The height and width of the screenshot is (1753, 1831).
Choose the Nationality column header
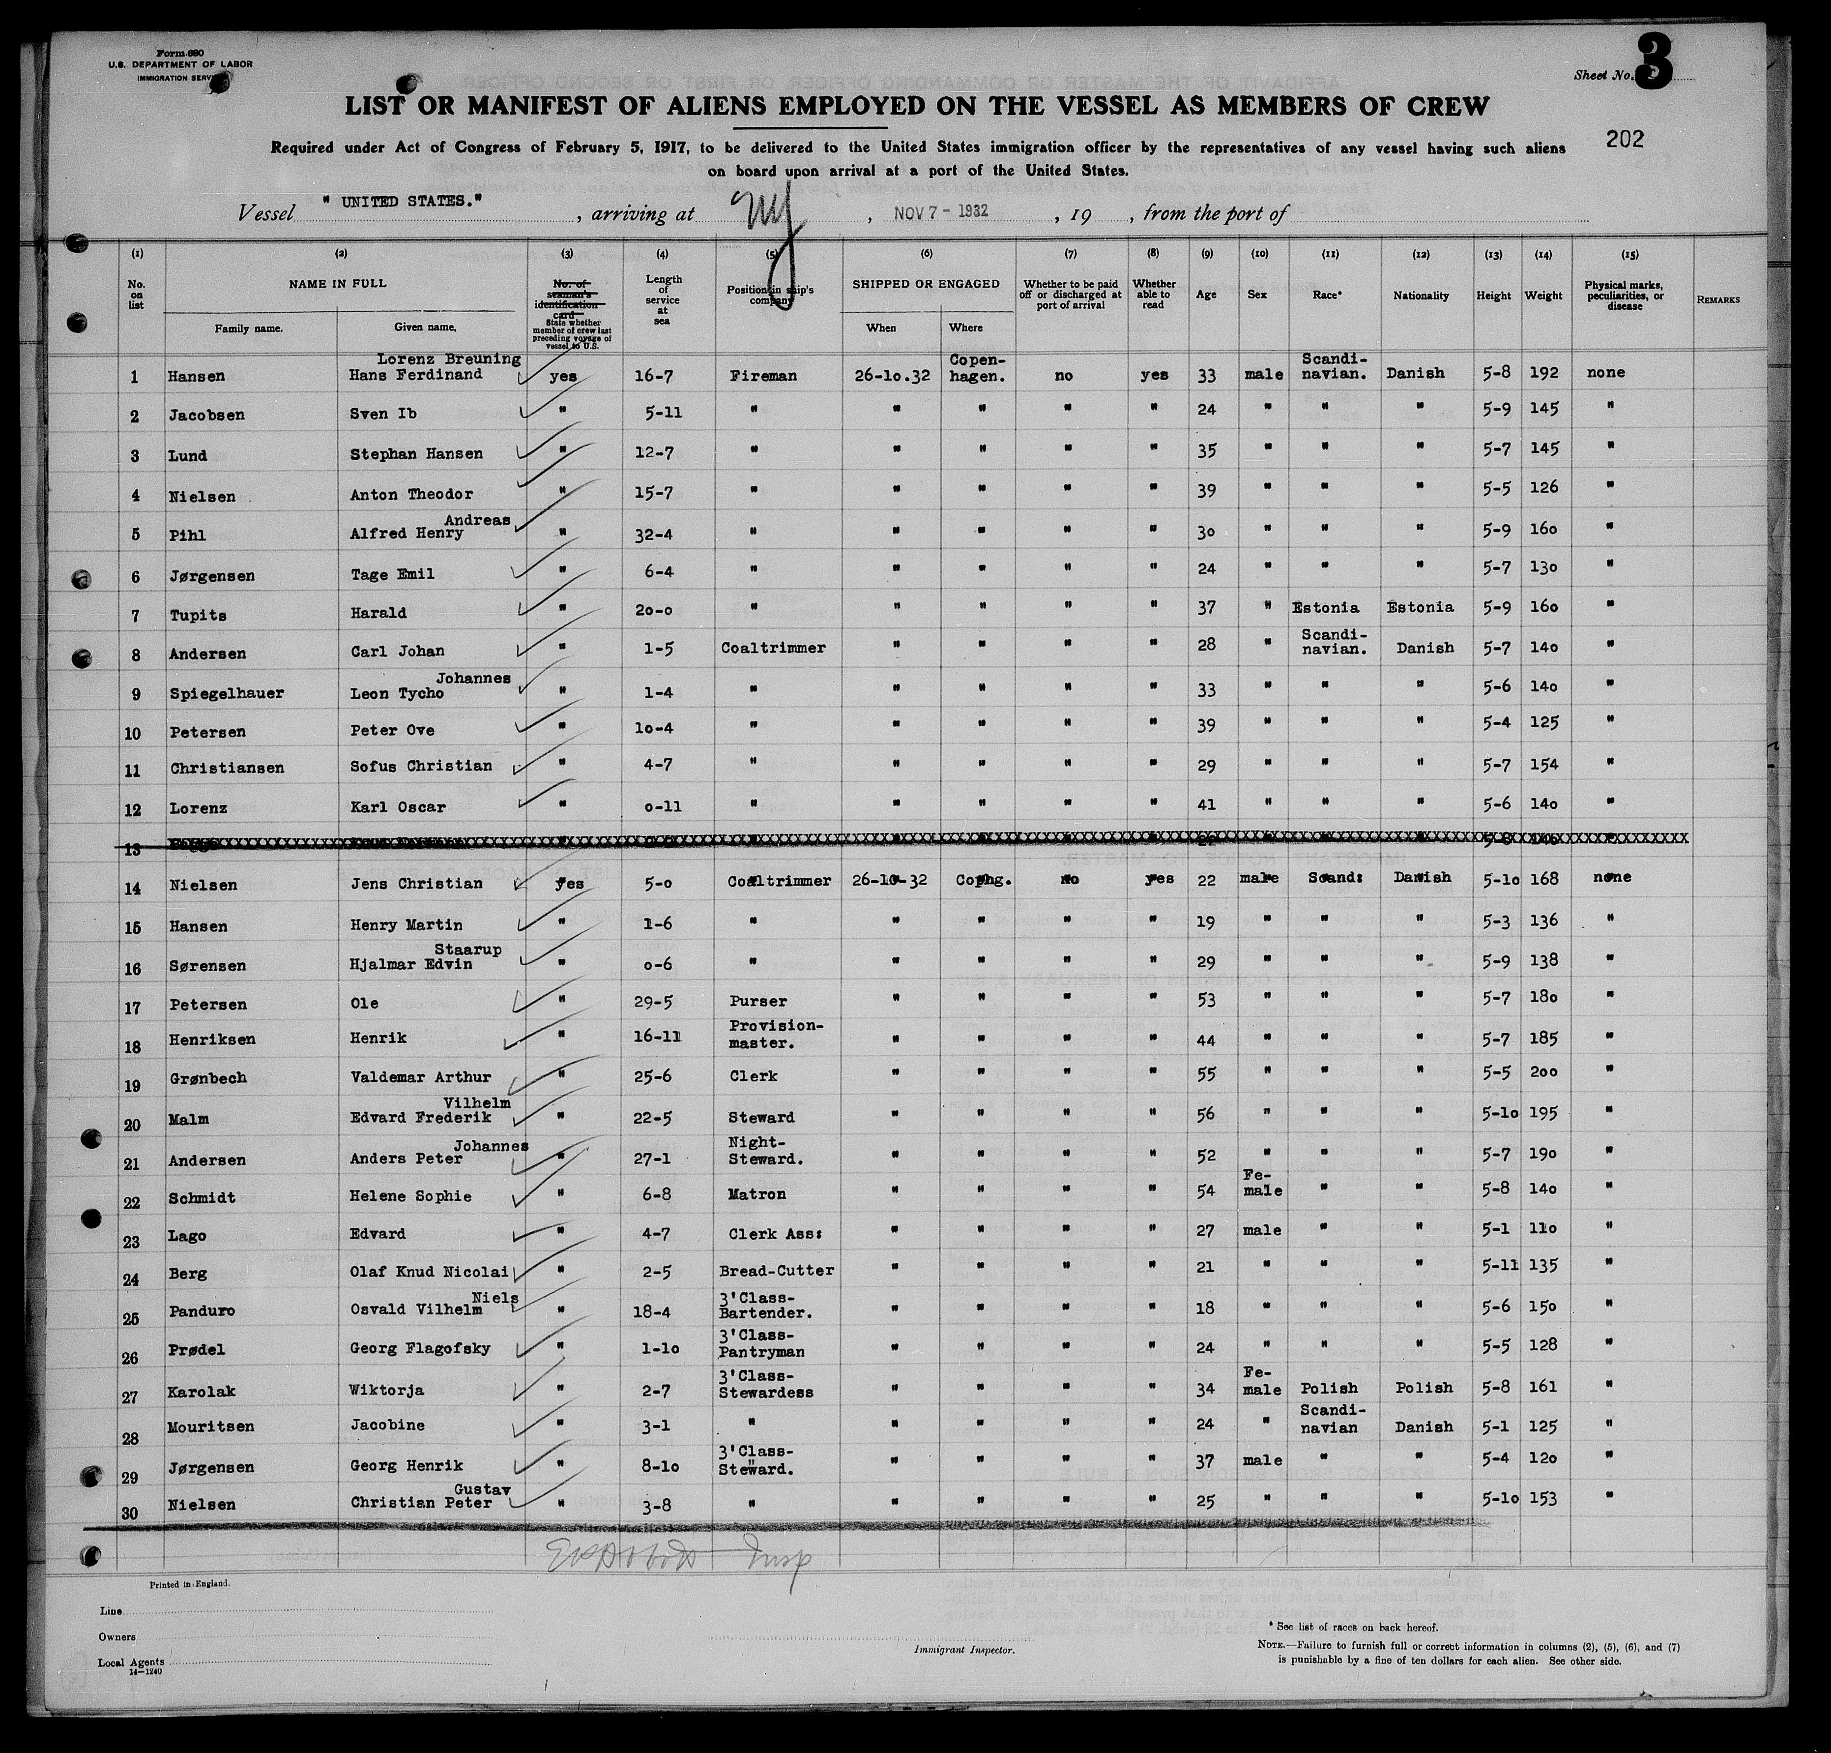[1421, 296]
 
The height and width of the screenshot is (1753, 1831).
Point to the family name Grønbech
[208, 1077]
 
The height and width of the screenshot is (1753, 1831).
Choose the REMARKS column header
[1718, 300]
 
